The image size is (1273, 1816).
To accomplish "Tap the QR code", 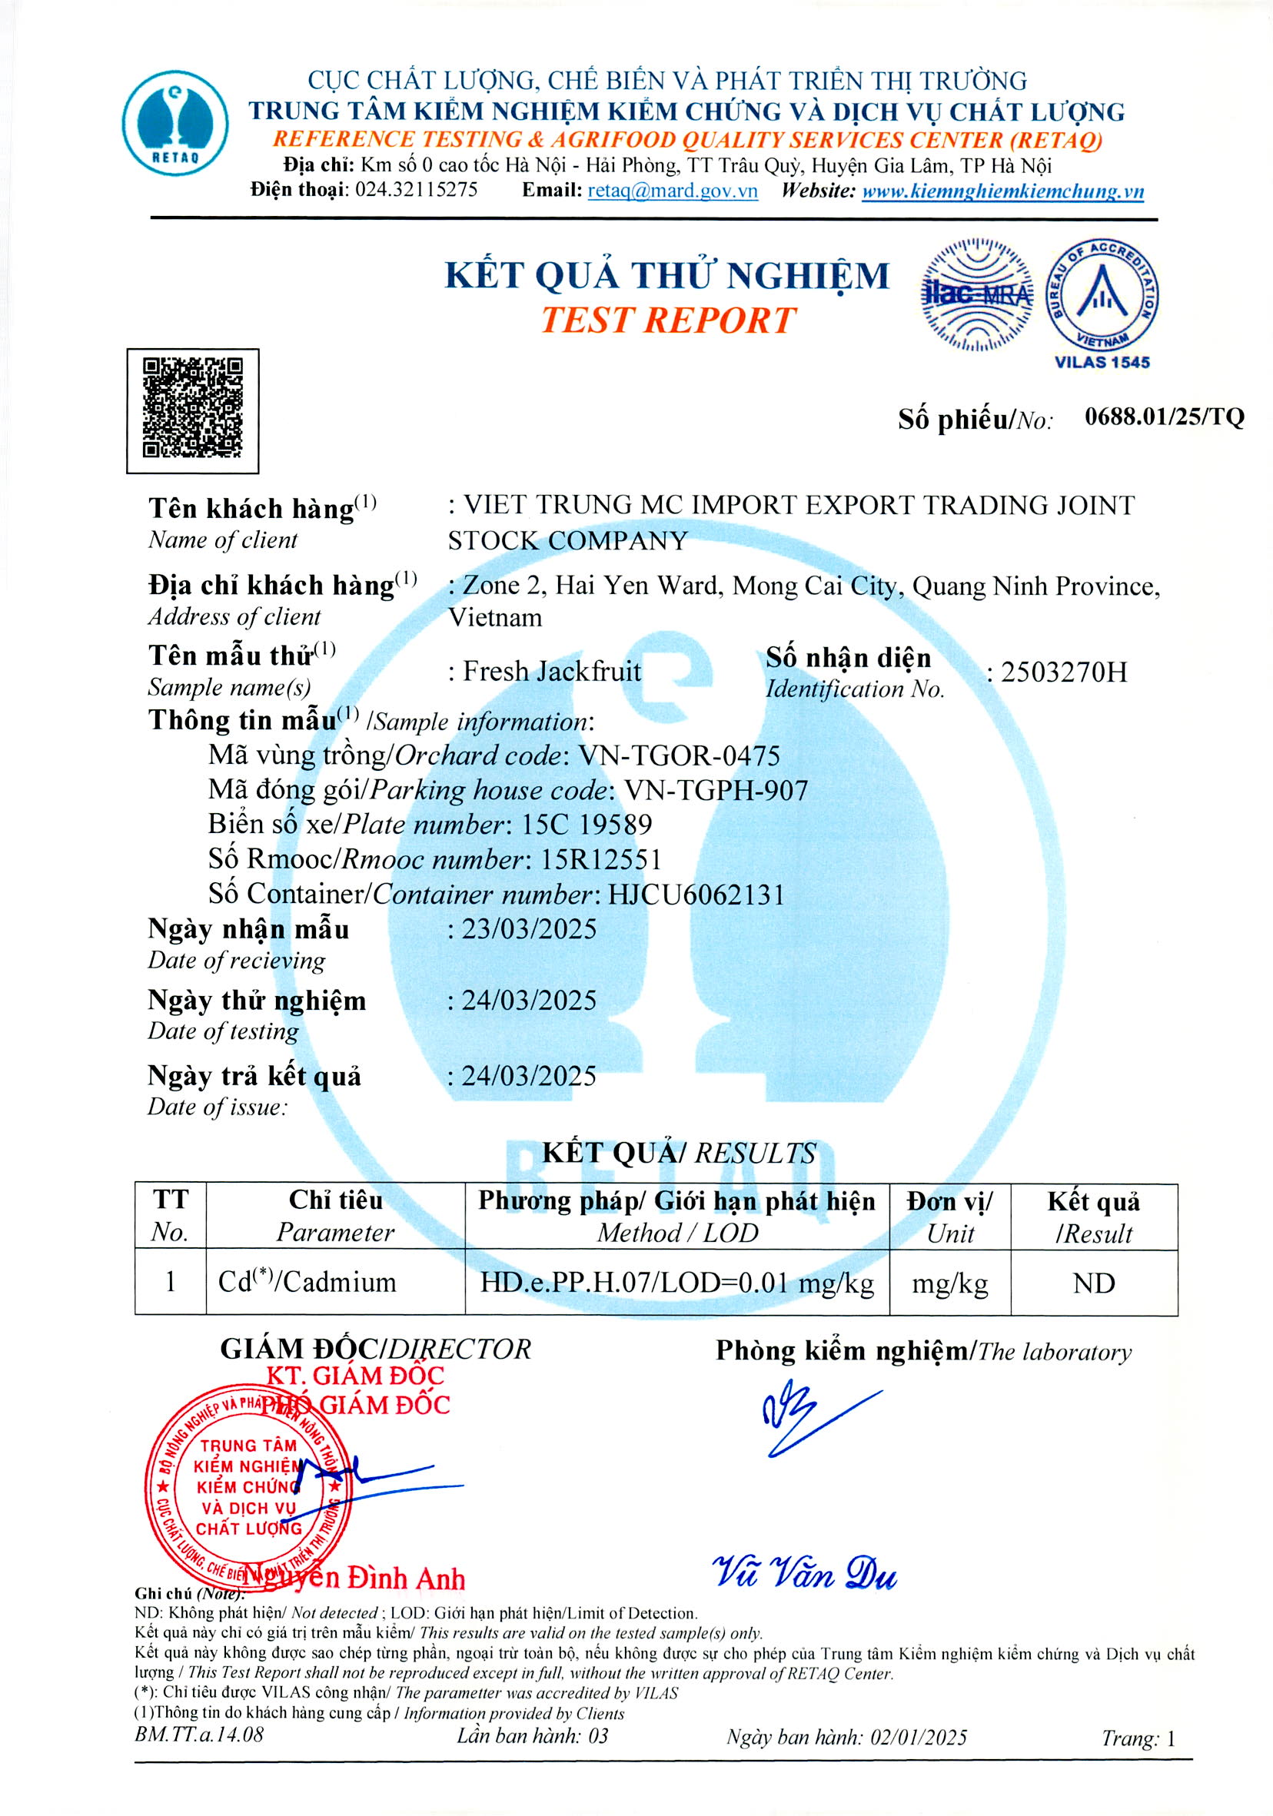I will click(192, 409).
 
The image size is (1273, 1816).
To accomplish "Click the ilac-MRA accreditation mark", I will click(976, 294).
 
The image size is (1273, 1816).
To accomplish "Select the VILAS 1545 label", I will click(1102, 362).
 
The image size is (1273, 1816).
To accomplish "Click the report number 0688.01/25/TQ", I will click(1164, 417).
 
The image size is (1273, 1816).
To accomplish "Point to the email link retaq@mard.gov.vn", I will click(672, 191).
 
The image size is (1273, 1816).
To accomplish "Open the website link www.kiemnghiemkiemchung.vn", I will click(1002, 191).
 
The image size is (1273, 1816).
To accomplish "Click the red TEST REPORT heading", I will click(668, 320).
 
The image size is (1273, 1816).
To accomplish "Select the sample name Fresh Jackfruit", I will click(550, 672).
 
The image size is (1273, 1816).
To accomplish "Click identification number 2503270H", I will click(1063, 672).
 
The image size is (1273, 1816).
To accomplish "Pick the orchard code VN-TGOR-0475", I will click(680, 755).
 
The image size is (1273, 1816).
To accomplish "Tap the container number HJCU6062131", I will click(696, 895).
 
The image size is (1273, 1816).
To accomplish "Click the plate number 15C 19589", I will click(587, 824).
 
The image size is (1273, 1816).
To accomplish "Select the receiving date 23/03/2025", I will click(529, 928).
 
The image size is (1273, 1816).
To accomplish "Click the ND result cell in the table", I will click(1093, 1283).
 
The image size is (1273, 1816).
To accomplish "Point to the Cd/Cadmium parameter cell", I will click(307, 1282).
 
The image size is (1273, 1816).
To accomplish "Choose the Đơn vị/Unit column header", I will click(949, 1217).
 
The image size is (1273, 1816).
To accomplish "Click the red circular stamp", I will click(248, 1486).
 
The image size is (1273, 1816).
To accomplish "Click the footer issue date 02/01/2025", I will click(918, 1737).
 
